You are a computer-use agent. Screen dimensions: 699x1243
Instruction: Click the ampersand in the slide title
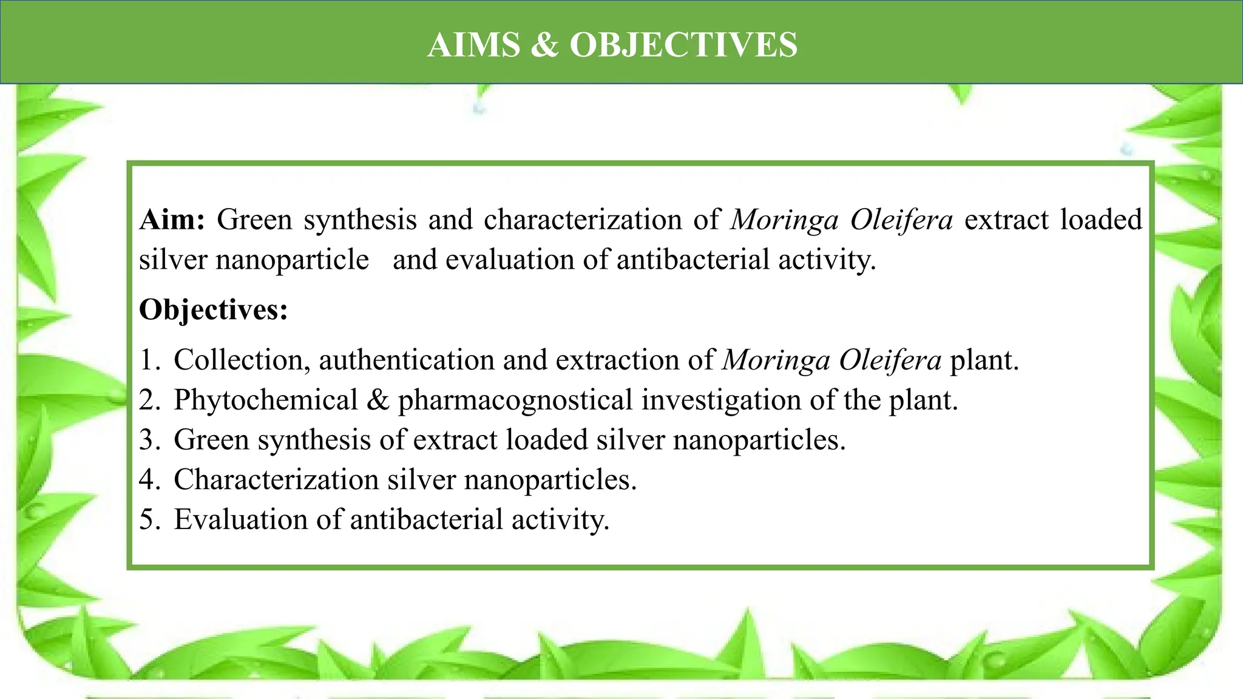544,45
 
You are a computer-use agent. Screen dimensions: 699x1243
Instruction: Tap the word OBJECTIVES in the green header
683,45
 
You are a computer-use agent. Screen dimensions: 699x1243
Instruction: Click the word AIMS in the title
473,45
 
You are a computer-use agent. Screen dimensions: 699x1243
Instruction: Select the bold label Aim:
172,220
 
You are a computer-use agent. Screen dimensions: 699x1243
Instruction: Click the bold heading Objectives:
214,310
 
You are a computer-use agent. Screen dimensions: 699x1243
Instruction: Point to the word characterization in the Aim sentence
583,220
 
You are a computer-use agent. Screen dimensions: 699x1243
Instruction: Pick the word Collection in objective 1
238,360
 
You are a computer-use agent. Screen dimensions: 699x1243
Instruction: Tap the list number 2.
148,400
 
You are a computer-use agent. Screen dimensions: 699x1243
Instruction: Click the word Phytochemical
266,400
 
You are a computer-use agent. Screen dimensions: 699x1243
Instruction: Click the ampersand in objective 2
378,400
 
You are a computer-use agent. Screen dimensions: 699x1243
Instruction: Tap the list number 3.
148,440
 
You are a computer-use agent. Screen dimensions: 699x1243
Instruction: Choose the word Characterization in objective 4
276,480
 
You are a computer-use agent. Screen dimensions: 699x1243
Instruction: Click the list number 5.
148,520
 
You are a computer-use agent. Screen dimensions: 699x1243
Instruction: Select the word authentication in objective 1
405,360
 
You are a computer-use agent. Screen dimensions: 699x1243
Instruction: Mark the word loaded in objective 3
547,440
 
